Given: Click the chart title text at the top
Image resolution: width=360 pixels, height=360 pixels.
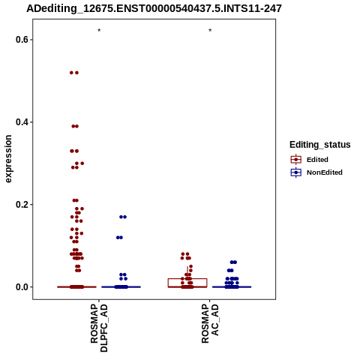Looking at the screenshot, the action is pyautogui.click(x=154, y=8).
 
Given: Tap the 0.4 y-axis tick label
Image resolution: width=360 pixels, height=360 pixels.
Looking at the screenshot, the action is pyautogui.click(x=21, y=122).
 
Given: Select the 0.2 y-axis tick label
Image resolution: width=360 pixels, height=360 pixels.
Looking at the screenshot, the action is pyautogui.click(x=21, y=205).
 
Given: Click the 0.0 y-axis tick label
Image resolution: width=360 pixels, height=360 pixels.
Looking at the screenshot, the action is pyautogui.click(x=21, y=287).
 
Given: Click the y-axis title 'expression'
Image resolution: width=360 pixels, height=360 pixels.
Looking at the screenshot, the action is pyautogui.click(x=8, y=159).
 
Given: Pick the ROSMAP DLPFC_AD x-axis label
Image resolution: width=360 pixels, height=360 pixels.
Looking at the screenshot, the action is pyautogui.click(x=99, y=328).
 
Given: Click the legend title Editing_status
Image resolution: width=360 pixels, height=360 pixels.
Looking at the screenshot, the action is pyautogui.click(x=320, y=145).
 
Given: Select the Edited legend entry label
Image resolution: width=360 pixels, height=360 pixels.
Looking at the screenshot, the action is pyautogui.click(x=317, y=160).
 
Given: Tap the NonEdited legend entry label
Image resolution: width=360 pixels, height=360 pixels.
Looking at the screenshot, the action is pyautogui.click(x=325, y=172).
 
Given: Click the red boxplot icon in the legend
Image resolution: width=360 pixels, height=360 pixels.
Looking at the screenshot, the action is pyautogui.click(x=296, y=159).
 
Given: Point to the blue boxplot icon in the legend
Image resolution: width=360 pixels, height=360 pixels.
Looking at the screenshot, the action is pyautogui.click(x=296, y=172).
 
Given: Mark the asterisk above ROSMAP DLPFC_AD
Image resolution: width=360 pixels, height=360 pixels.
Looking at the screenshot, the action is pyautogui.click(x=99, y=31).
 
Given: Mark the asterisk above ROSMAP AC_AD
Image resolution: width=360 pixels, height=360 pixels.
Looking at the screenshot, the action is pyautogui.click(x=210, y=31).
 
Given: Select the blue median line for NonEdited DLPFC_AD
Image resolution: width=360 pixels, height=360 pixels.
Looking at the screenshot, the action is pyautogui.click(x=121, y=287).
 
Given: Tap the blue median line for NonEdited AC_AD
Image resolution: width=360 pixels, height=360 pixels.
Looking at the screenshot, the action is pyautogui.click(x=232, y=287).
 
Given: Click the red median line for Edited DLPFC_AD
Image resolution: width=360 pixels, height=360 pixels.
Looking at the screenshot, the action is pyautogui.click(x=76, y=287).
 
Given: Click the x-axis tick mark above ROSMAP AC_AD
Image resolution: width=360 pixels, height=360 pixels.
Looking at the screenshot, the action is pyautogui.click(x=210, y=301).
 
